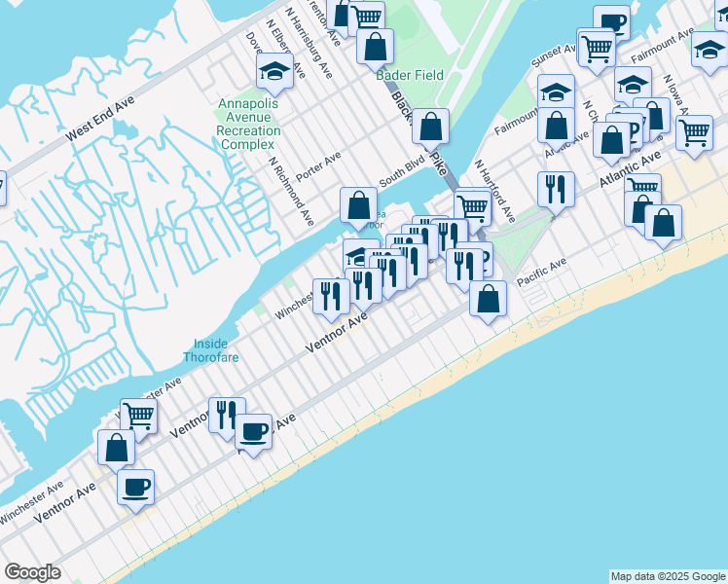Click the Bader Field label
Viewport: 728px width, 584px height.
tap(410, 75)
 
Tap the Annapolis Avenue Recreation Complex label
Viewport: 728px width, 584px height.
tap(248, 124)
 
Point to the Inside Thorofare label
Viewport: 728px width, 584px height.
tap(210, 350)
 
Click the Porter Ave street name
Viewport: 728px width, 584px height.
tap(319, 158)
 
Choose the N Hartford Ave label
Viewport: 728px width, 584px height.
tap(491, 192)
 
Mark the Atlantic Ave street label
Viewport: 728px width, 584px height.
tap(630, 166)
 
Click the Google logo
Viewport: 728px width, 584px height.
tap(32, 572)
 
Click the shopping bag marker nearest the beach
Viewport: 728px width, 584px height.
tap(488, 300)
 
